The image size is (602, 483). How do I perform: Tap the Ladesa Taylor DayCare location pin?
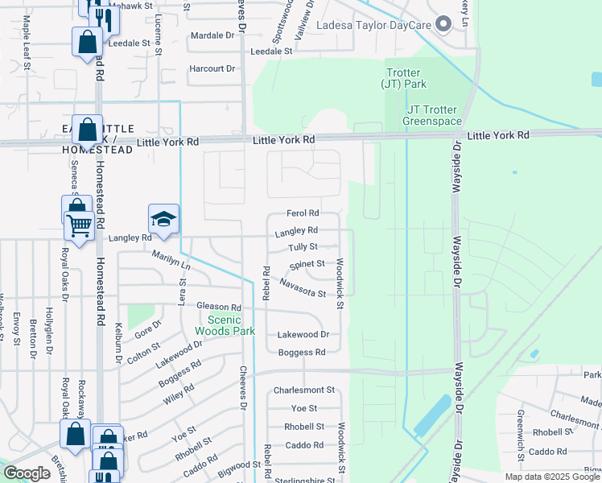[x=442, y=24]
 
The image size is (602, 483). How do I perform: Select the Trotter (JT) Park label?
[x=405, y=78]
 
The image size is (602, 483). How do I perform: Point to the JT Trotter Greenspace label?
[x=435, y=115]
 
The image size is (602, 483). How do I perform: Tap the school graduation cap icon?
[x=163, y=220]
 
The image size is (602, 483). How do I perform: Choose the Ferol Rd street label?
[x=303, y=213]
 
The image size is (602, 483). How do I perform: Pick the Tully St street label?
[x=303, y=247]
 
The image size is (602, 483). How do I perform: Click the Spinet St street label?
[x=307, y=264]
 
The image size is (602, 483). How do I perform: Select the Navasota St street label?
[x=303, y=287]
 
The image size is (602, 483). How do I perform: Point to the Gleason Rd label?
[x=219, y=308]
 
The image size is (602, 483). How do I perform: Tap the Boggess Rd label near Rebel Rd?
[x=301, y=353]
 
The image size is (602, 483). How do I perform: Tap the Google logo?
[x=27, y=473]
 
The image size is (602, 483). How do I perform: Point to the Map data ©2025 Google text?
[x=552, y=477]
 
